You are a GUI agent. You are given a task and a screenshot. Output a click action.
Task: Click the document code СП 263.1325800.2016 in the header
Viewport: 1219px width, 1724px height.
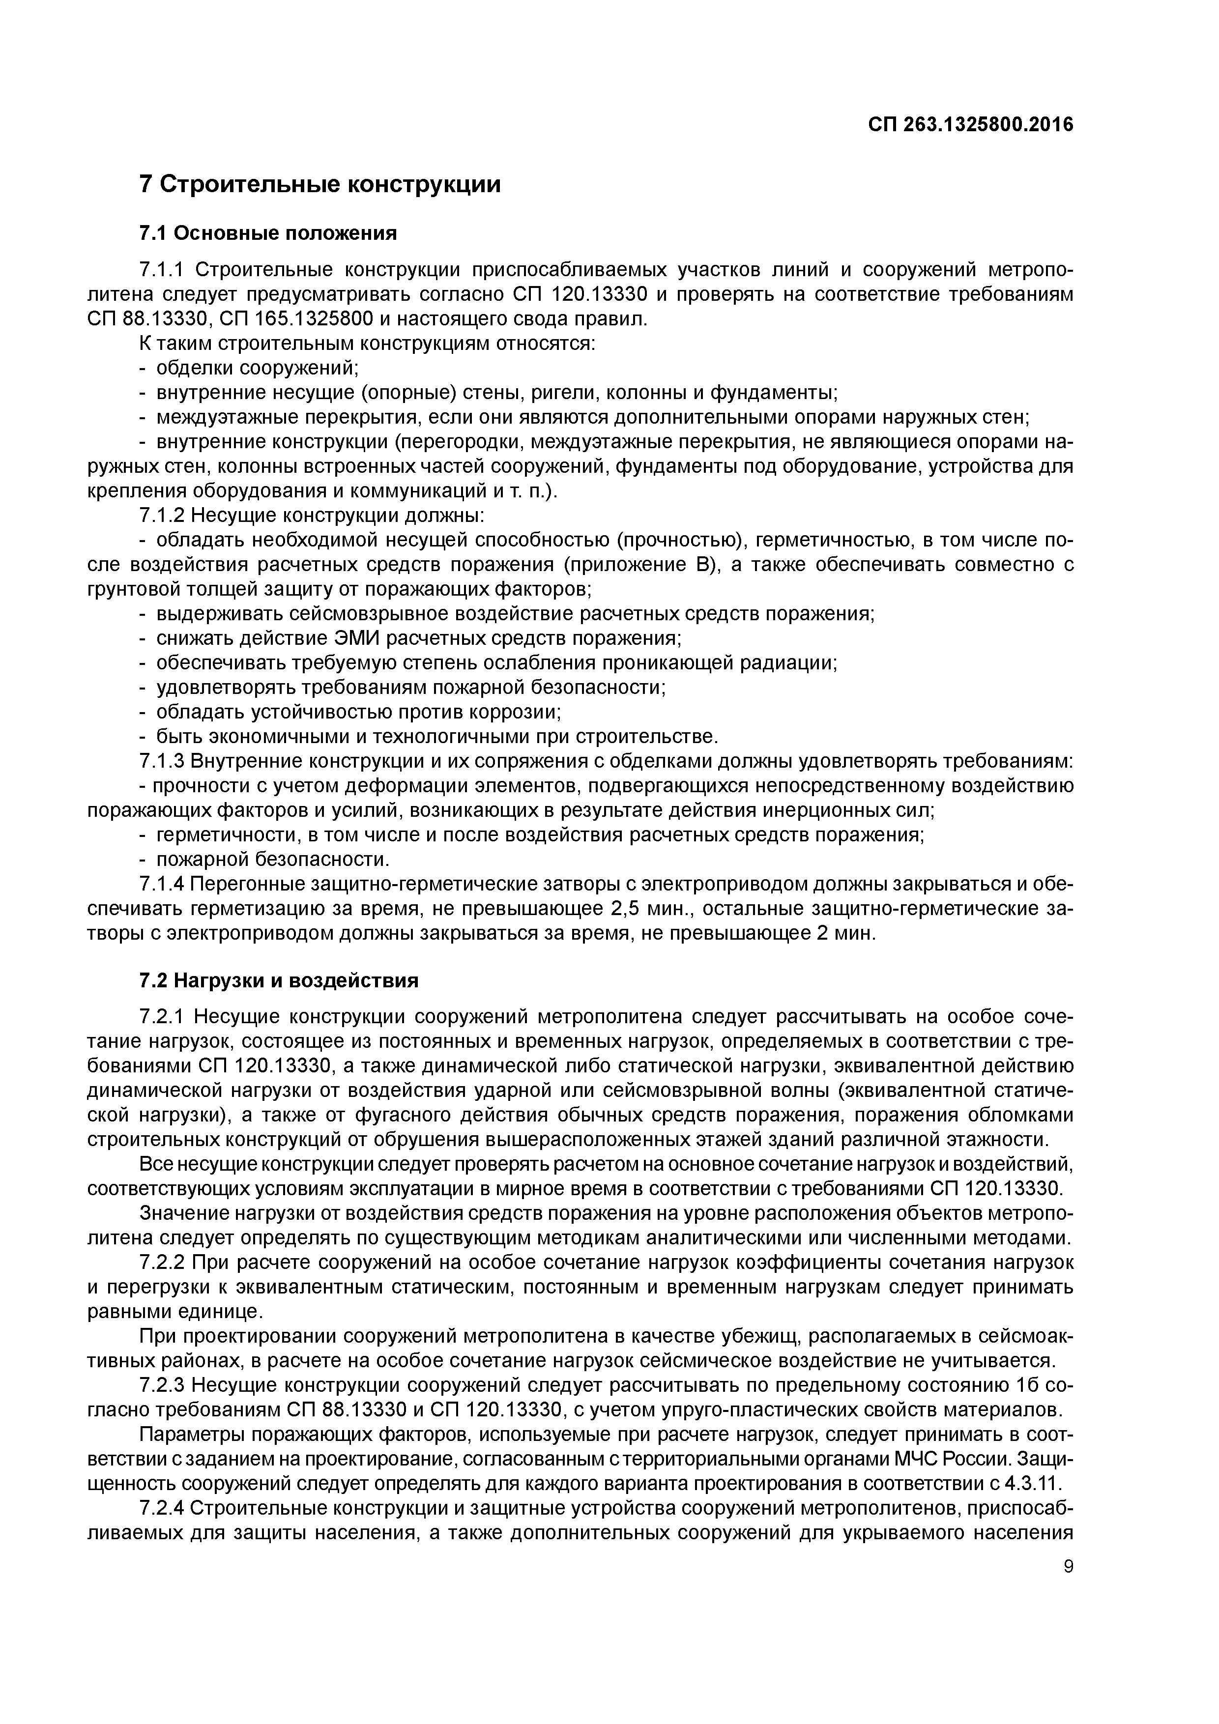(x=970, y=125)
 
